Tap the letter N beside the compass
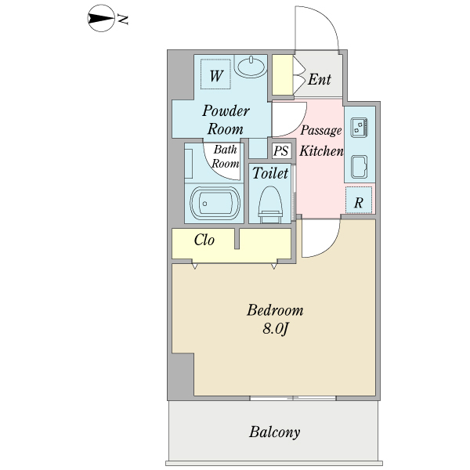click(123, 19)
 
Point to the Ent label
click(319, 79)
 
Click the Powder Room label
click(226, 120)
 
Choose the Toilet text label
click(270, 173)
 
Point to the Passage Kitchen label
click(321, 141)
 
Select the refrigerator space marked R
click(359, 201)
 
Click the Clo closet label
click(204, 240)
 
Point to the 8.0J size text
click(276, 330)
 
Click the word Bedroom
click(275, 310)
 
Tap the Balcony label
click(275, 432)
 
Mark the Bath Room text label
click(226, 156)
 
